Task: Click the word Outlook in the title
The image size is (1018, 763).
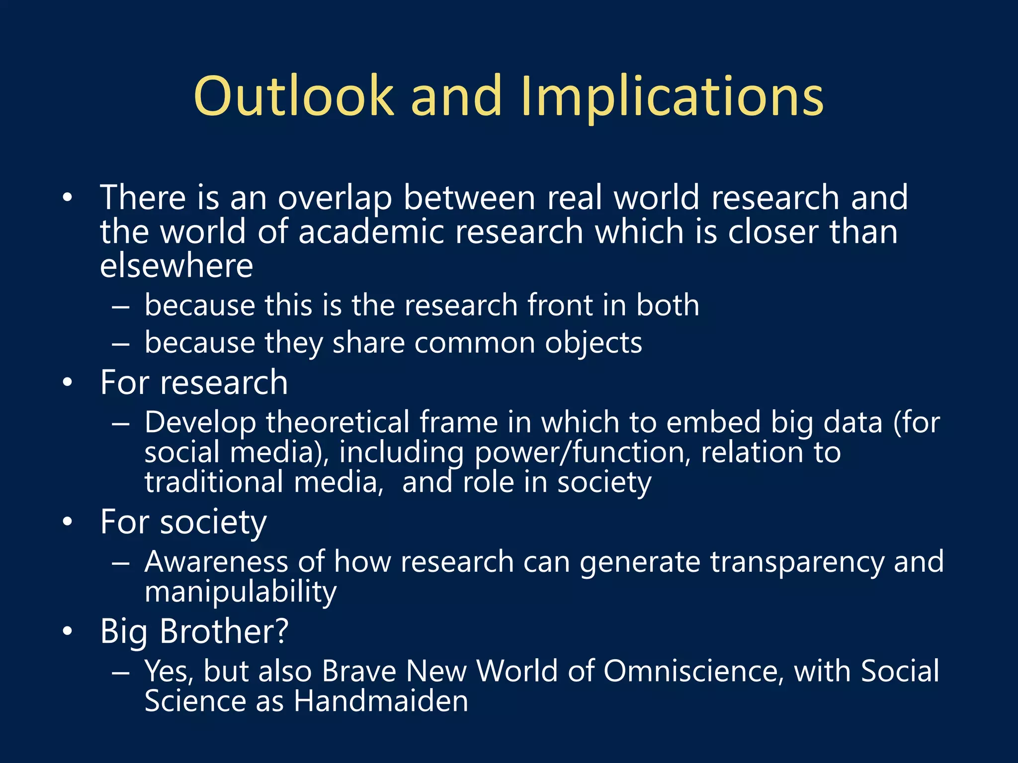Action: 294,95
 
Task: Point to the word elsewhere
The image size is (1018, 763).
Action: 176,266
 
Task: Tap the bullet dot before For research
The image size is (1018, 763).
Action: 68,383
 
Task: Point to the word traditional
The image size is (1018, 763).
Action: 214,482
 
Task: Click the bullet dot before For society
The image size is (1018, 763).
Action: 68,522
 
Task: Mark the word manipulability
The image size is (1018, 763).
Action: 241,593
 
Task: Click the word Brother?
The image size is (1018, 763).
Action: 224,631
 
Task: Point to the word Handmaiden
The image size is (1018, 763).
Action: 381,701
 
